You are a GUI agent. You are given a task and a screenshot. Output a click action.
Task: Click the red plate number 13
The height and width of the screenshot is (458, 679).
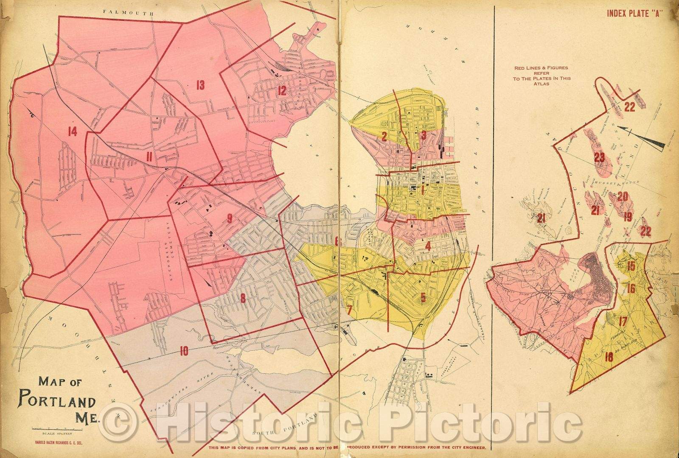click(200, 85)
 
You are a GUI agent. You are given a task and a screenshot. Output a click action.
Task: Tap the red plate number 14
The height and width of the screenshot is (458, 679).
click(72, 132)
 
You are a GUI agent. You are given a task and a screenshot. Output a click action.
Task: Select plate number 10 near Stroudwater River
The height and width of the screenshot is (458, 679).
click(184, 351)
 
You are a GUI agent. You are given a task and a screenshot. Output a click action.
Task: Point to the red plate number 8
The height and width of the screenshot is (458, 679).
click(243, 299)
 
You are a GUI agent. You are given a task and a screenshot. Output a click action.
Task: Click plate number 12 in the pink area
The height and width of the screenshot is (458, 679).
click(282, 90)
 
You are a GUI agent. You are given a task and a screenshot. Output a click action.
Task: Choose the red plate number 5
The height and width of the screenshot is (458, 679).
click(423, 297)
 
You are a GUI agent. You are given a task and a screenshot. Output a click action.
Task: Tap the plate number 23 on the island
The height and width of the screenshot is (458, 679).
click(599, 158)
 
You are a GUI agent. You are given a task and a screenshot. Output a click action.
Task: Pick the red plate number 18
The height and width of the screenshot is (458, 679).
click(609, 357)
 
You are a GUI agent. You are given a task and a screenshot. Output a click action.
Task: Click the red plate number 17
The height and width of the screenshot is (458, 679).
click(623, 321)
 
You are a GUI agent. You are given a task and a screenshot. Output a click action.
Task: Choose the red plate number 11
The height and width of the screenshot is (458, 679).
click(149, 157)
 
